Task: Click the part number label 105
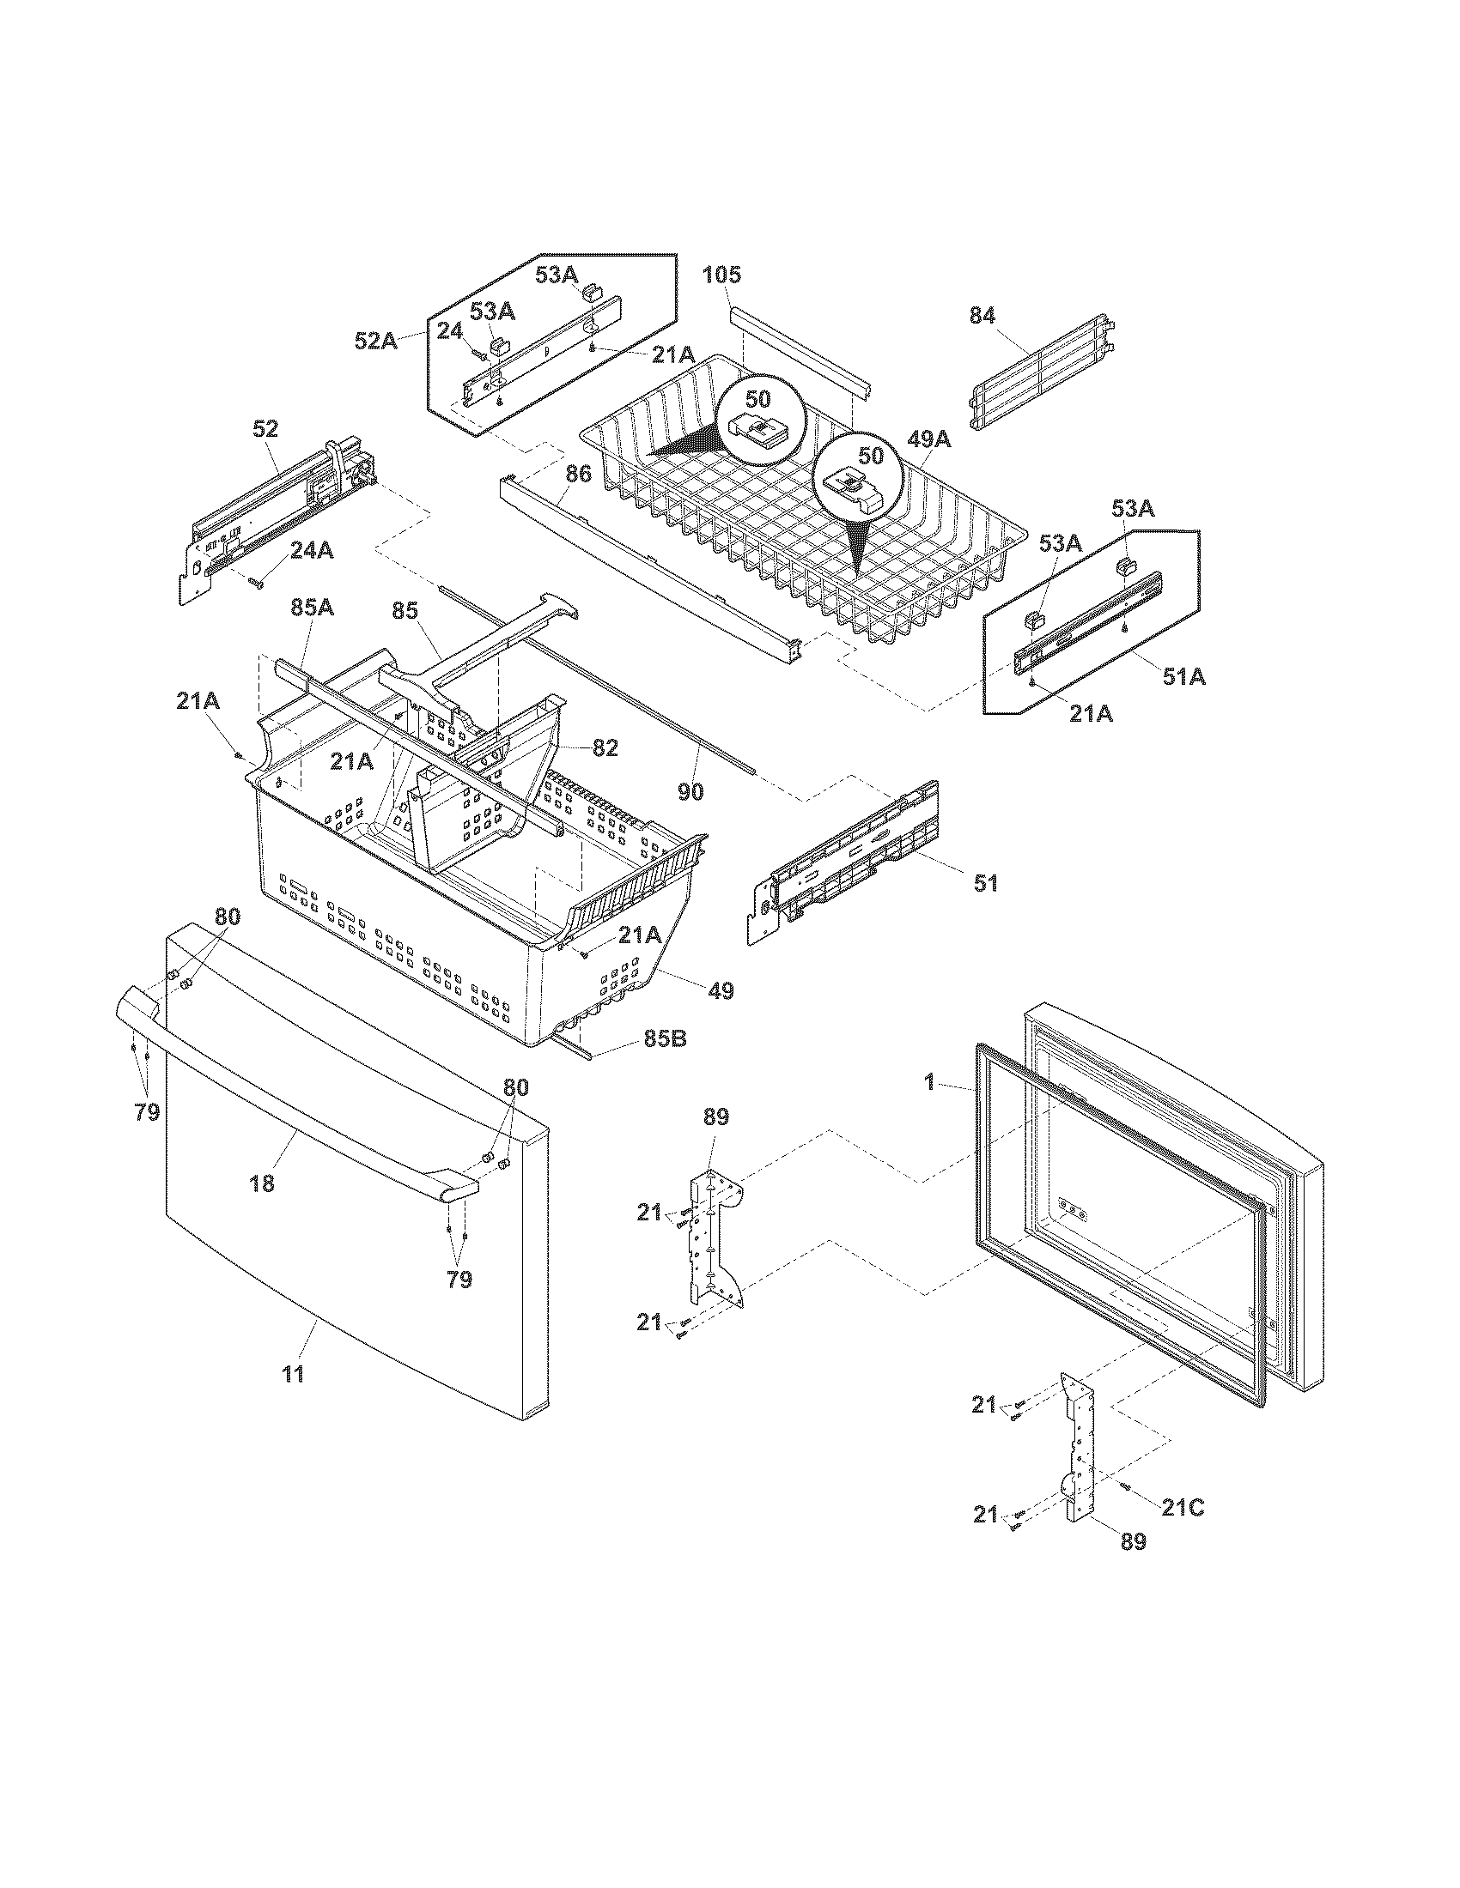click(x=721, y=275)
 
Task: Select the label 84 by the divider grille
click(x=982, y=317)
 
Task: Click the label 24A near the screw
click(x=312, y=551)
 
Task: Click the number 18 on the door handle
click(x=262, y=1184)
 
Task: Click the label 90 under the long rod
click(x=690, y=791)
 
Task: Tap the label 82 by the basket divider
click(x=605, y=748)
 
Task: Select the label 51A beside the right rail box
click(x=1183, y=678)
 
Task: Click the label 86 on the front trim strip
click(x=577, y=474)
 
